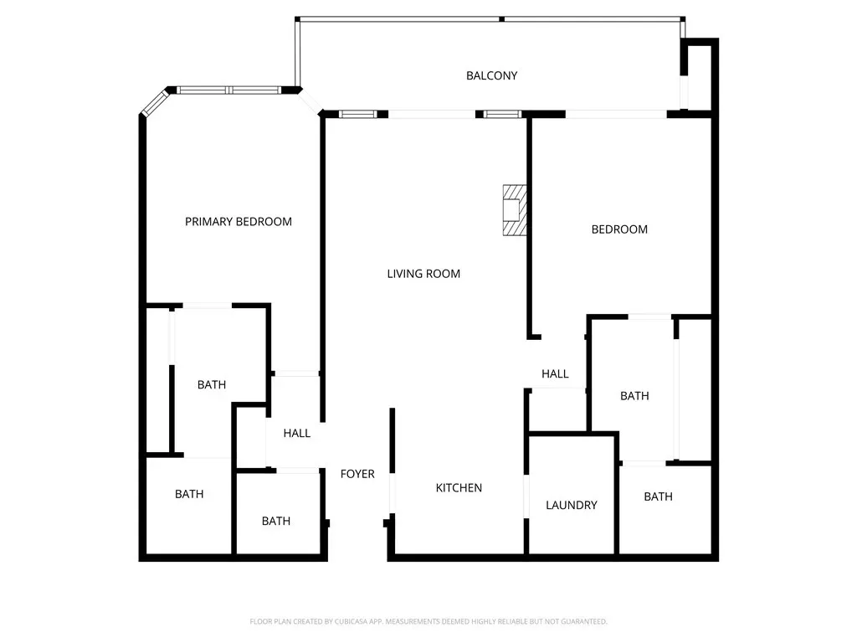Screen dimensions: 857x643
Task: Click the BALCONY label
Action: coord(491,76)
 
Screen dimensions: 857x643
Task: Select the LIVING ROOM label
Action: coord(423,274)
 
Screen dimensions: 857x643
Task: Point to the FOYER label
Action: coord(357,474)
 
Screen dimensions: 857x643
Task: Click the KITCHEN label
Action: coord(459,488)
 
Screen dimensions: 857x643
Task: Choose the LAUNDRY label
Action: coord(571,505)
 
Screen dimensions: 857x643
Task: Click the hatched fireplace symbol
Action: coord(515,210)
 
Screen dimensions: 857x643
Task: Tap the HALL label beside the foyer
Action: coord(297,433)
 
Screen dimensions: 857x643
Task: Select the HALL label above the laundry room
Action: coord(555,374)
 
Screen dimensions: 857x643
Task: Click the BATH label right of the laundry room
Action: coord(658,496)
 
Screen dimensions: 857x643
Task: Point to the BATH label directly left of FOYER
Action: coord(276,521)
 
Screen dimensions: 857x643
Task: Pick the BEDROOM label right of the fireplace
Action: coord(619,229)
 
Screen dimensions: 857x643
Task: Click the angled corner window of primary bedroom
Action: coord(155,103)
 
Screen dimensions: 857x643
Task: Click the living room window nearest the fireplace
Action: coord(503,114)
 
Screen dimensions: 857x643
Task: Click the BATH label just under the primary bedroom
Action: coord(212,385)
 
